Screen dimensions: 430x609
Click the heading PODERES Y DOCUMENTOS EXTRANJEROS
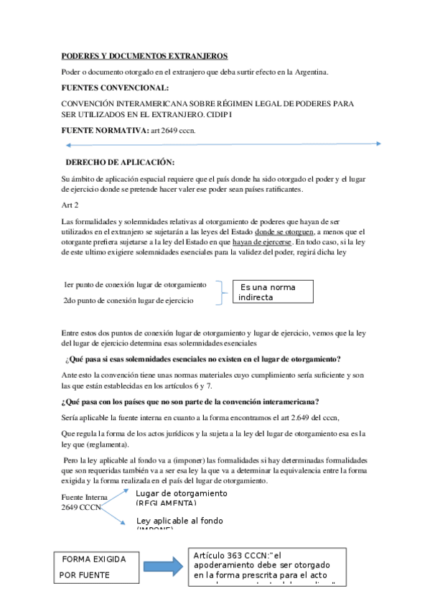(144, 55)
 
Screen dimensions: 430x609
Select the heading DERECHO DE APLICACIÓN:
(120, 162)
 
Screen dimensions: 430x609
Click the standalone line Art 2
(70, 205)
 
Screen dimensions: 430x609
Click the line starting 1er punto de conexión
(135, 284)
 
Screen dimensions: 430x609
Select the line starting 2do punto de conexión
(128, 300)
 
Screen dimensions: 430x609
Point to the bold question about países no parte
(191, 401)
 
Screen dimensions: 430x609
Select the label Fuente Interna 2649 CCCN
(85, 503)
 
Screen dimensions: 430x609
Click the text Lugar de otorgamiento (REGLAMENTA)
(182, 498)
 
